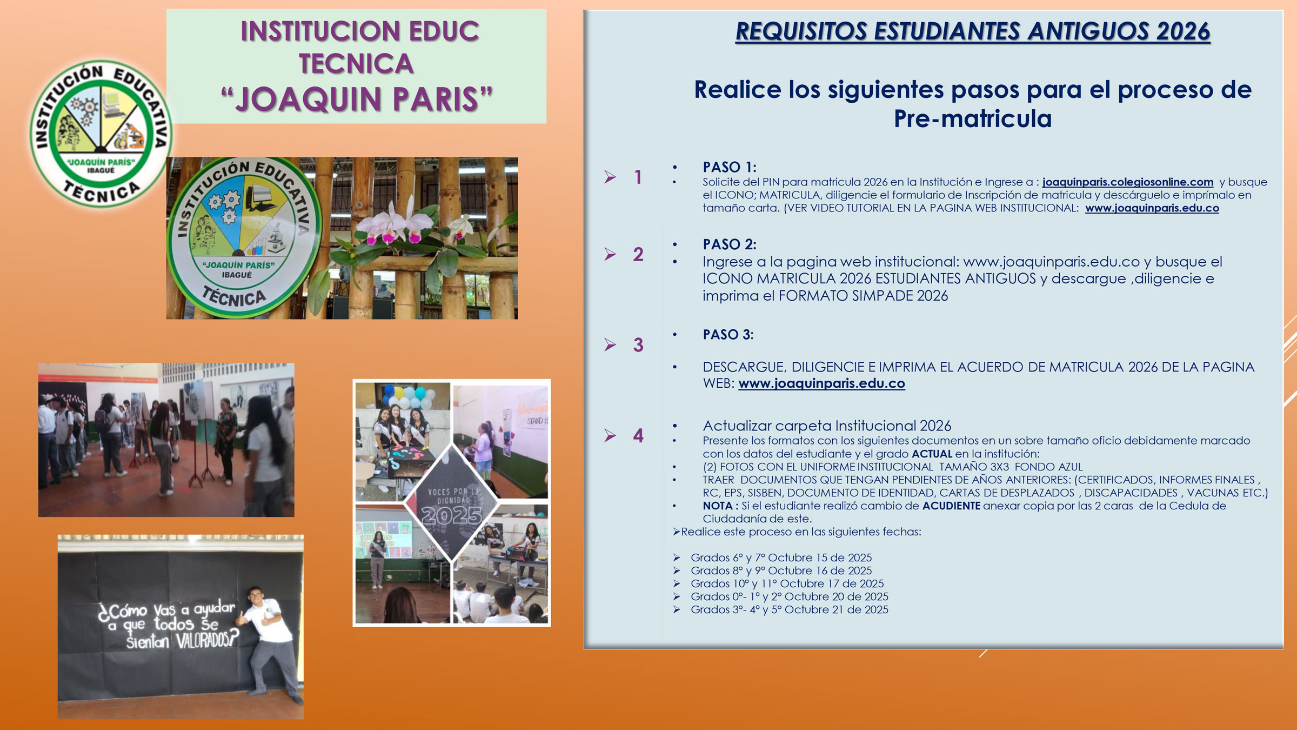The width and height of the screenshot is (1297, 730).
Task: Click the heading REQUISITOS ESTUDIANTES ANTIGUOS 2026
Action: click(973, 31)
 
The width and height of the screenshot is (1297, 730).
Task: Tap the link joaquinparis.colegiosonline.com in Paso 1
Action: click(1128, 182)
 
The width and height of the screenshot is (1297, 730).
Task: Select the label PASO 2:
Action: click(730, 244)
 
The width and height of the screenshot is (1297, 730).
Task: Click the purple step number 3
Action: click(638, 345)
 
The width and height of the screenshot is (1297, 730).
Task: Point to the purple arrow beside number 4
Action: click(610, 435)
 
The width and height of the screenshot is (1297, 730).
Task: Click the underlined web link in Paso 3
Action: click(821, 383)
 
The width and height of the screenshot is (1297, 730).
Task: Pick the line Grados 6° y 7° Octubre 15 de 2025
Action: click(781, 558)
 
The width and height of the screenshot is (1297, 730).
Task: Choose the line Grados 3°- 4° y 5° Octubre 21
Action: click(790, 609)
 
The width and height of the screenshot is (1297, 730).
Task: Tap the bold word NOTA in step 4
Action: click(718, 506)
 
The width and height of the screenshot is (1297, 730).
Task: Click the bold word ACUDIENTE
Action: click(951, 506)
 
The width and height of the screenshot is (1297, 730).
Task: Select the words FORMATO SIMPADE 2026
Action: click(863, 296)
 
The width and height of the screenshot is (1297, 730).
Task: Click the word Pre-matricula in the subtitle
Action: click(973, 118)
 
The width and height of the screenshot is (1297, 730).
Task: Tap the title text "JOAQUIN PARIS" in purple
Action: click(357, 99)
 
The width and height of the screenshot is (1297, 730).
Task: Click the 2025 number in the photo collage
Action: click(452, 516)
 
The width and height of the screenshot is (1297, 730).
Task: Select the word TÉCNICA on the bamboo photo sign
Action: click(234, 297)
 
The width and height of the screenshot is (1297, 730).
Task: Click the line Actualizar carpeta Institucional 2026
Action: click(827, 426)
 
